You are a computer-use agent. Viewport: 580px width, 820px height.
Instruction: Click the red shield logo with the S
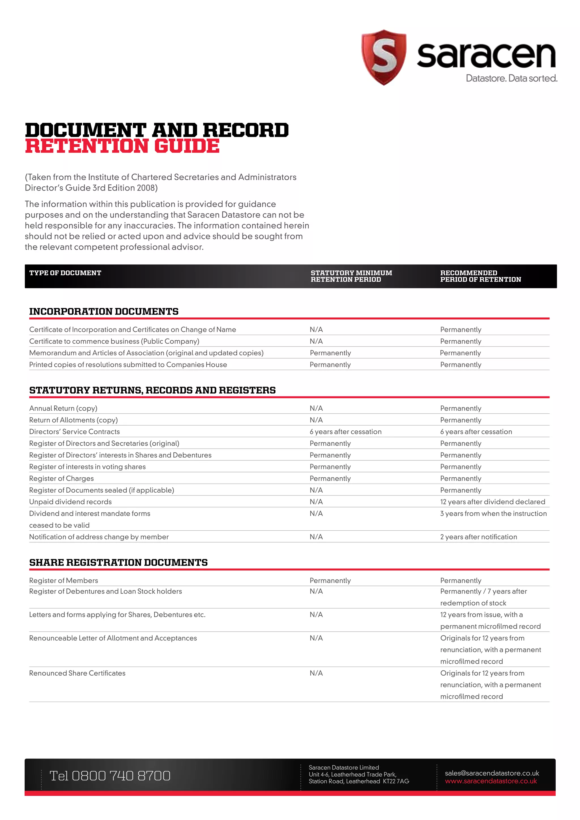point(383,57)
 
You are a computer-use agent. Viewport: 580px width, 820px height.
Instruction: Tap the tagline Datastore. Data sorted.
point(511,78)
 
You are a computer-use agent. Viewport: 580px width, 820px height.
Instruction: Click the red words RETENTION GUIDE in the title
point(122,146)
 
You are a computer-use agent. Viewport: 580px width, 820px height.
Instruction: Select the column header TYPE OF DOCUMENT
point(65,273)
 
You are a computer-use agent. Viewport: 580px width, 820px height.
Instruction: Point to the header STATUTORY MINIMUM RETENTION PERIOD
point(351,276)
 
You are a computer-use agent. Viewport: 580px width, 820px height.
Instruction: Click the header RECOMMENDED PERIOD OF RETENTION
point(480,276)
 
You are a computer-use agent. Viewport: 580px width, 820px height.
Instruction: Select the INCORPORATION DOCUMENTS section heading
point(104,311)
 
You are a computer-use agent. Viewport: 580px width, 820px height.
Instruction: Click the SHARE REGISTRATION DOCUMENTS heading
point(118,563)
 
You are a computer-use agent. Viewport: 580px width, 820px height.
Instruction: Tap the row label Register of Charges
point(61,478)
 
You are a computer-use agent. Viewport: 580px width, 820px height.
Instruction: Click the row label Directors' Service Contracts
point(74,432)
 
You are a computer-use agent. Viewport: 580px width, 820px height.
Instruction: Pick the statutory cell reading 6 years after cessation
point(345,432)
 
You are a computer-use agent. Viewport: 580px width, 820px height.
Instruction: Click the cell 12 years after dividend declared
point(492,502)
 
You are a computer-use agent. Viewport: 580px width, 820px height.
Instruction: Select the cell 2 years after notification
point(478,537)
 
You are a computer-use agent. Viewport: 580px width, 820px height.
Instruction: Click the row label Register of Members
point(63,580)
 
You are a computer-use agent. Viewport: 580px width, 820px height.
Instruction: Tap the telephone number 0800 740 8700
point(121,776)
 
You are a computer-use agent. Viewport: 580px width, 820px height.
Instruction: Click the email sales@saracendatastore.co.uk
point(492,773)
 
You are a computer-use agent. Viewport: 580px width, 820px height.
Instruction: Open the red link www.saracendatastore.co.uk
point(491,781)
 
